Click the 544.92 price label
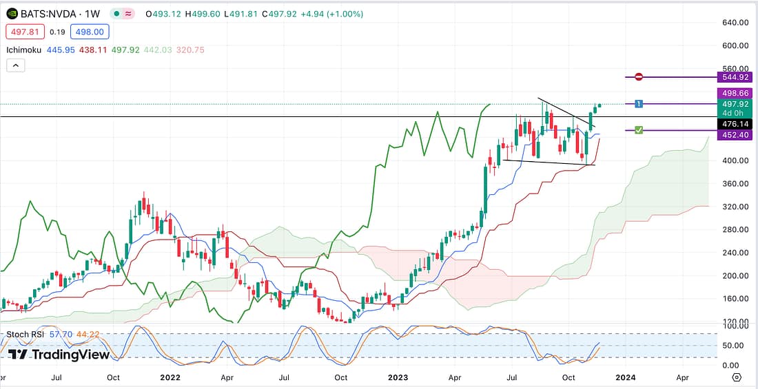(733, 77)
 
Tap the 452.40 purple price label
(733, 136)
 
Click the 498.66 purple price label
(733, 92)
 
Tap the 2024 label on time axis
(626, 377)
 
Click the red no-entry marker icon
(639, 77)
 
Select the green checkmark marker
(639, 130)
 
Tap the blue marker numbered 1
(639, 104)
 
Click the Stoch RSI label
(26, 335)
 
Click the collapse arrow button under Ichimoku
(17, 65)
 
